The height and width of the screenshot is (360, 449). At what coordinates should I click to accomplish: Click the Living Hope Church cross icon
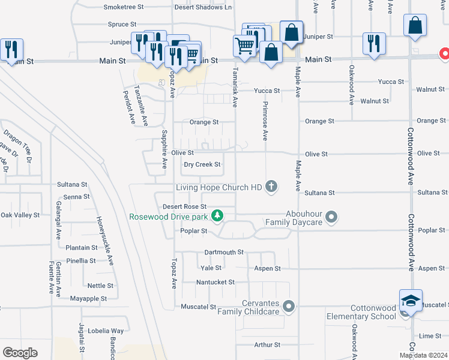(x=271, y=187)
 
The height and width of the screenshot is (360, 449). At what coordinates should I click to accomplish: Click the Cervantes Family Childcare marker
(x=289, y=307)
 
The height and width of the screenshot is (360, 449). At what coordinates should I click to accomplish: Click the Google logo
(x=20, y=353)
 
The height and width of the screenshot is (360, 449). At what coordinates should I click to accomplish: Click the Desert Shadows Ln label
(x=203, y=7)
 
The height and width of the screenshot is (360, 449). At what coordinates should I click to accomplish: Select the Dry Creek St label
(x=202, y=164)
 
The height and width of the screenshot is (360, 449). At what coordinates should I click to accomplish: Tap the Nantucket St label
(x=215, y=282)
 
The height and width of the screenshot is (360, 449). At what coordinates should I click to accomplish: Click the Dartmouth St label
(x=224, y=253)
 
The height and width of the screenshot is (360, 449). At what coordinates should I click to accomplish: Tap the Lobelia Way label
(x=105, y=331)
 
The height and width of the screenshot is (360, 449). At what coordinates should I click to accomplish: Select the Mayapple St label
(x=88, y=298)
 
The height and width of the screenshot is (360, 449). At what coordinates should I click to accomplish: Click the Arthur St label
(x=267, y=345)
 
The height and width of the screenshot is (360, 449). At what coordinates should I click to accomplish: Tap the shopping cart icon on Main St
(x=244, y=46)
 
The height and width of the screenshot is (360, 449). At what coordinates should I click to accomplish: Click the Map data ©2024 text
(x=424, y=355)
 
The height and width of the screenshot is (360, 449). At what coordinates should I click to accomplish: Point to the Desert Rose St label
(x=185, y=206)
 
